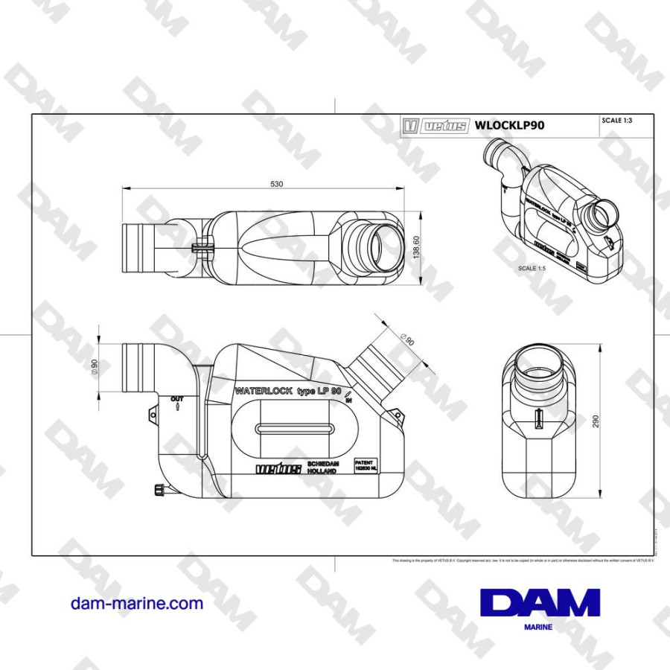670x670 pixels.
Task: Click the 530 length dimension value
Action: [276, 184]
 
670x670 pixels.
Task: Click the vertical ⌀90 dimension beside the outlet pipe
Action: [95, 367]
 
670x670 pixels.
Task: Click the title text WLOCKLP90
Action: [509, 125]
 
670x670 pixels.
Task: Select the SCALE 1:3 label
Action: [616, 120]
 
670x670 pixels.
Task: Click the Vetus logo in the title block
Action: [435, 125]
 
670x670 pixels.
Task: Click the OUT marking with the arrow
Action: [176, 403]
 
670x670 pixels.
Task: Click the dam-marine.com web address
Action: [136, 604]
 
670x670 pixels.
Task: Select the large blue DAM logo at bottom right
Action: [540, 603]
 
